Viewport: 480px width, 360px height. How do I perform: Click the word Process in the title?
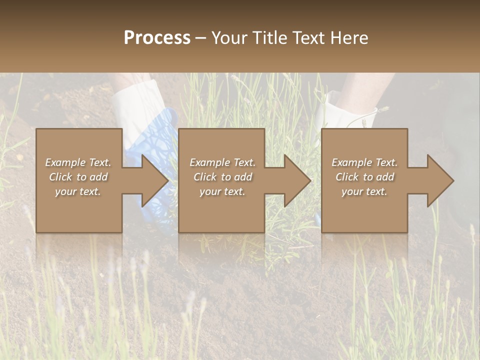tap(157, 38)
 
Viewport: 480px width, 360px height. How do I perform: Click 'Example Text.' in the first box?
tap(78, 162)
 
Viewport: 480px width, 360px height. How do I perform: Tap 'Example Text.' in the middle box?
tap(222, 162)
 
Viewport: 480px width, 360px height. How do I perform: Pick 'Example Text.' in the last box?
tap(364, 162)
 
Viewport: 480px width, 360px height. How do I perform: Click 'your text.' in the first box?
tap(78, 191)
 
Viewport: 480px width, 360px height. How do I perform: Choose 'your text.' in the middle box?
tap(222, 191)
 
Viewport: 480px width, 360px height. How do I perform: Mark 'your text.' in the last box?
tap(364, 191)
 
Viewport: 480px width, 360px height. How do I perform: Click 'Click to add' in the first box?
tap(78, 177)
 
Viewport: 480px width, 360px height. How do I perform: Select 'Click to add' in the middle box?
tap(222, 177)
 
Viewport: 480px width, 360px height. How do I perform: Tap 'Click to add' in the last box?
tap(364, 177)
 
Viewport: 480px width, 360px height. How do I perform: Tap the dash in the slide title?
tap(201, 38)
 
